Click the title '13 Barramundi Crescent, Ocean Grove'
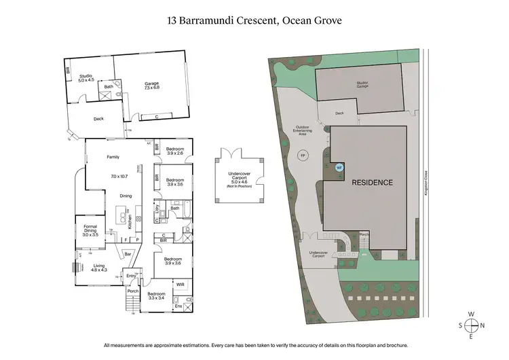(x=254, y=20)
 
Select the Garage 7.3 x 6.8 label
(x=151, y=85)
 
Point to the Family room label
(x=113, y=157)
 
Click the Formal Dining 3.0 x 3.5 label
(x=90, y=230)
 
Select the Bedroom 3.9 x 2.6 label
(x=175, y=151)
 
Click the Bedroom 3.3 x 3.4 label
(x=156, y=295)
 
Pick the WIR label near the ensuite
(x=181, y=285)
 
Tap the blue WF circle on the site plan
(x=339, y=166)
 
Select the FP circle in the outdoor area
(x=303, y=156)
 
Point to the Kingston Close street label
(x=423, y=183)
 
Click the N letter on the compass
(x=483, y=325)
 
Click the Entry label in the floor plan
(x=130, y=276)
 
